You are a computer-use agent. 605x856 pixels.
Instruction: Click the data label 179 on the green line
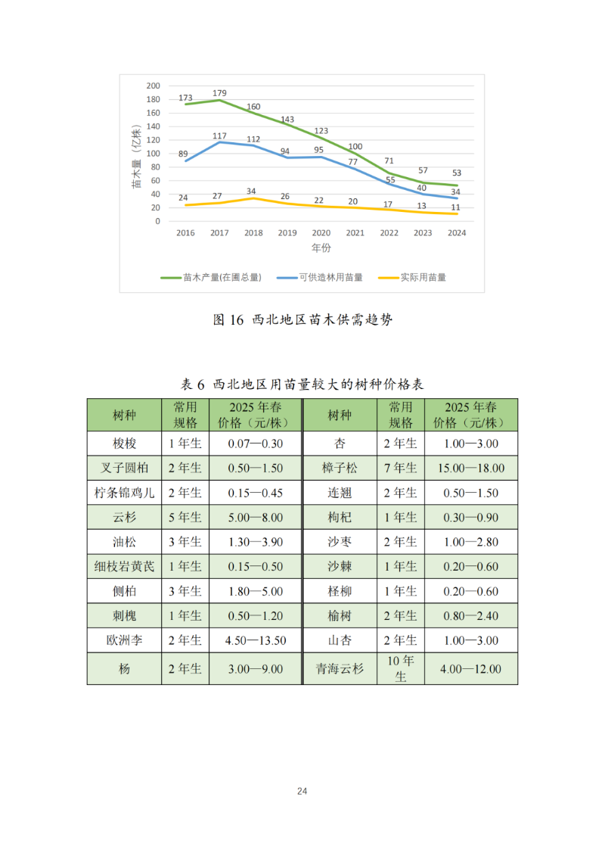click(219, 93)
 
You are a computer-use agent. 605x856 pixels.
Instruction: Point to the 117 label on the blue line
click(219, 135)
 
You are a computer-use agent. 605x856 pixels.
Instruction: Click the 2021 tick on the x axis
click(355, 233)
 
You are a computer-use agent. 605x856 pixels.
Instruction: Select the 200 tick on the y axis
click(153, 86)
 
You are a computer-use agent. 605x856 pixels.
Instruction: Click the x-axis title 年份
click(321, 248)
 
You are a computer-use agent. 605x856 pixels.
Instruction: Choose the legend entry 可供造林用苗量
click(321, 278)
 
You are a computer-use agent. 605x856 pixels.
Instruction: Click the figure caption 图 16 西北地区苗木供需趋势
click(302, 320)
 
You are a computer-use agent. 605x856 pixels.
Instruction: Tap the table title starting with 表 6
click(302, 384)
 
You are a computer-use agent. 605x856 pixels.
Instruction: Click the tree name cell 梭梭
click(124, 444)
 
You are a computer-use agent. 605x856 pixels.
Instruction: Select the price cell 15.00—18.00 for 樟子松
click(470, 468)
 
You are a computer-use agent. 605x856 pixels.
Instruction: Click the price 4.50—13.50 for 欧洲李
click(256, 640)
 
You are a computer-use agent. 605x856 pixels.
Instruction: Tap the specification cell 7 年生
click(401, 468)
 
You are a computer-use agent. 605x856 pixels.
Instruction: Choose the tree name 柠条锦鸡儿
click(124, 493)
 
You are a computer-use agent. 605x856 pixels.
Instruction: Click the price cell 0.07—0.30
click(256, 444)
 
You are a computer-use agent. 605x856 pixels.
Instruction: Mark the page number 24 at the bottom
click(302, 791)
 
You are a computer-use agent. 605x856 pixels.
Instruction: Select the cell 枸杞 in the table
click(340, 518)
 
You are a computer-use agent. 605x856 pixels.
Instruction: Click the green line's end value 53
click(457, 173)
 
